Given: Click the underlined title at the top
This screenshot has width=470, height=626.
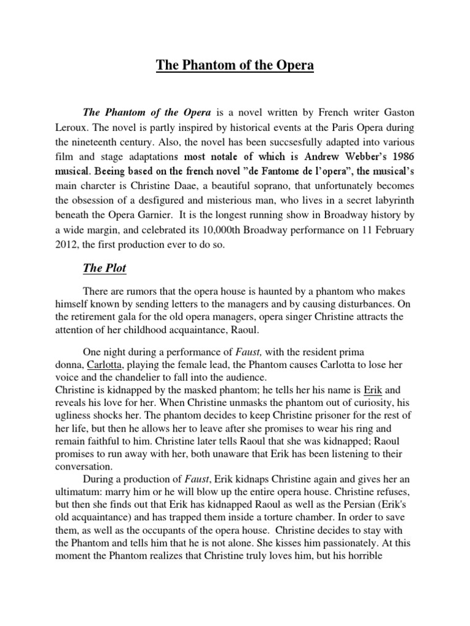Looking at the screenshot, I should tap(235, 65).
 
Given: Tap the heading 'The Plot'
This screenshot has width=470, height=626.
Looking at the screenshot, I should tap(105, 267).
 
